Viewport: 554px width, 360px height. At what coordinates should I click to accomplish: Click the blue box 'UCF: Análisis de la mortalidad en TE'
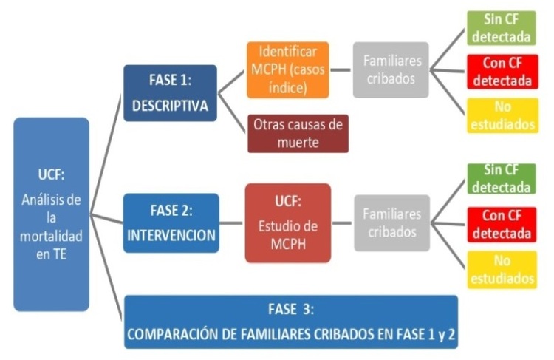[x=51, y=214]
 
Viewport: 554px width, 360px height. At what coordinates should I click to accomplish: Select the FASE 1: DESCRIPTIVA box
[x=170, y=93]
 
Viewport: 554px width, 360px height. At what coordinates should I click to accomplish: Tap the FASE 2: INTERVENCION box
[x=171, y=223]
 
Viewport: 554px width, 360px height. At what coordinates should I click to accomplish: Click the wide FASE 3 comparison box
[x=291, y=322]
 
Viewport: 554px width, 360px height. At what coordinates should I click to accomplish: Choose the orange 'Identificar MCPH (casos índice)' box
[x=289, y=70]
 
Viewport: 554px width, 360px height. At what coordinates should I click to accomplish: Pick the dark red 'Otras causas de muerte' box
[x=298, y=133]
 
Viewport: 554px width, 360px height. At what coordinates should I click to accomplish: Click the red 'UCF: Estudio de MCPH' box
[x=287, y=223]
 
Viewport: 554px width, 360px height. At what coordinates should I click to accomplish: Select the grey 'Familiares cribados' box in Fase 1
[x=391, y=70]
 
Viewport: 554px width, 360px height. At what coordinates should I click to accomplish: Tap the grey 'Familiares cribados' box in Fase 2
[x=391, y=223]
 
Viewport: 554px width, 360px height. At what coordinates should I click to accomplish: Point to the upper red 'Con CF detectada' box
[x=502, y=72]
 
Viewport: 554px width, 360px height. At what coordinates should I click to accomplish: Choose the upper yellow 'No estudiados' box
[x=502, y=116]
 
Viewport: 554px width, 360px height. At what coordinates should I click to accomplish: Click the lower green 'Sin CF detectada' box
[x=502, y=178]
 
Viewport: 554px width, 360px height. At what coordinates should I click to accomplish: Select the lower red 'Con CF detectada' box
[x=502, y=224]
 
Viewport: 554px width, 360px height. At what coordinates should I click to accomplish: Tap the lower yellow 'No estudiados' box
[x=502, y=270]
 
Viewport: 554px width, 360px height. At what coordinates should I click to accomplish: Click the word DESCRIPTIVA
[x=170, y=106]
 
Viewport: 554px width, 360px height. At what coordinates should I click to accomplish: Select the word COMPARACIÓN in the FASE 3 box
[x=174, y=335]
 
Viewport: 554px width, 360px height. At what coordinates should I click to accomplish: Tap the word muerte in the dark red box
[x=298, y=143]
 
